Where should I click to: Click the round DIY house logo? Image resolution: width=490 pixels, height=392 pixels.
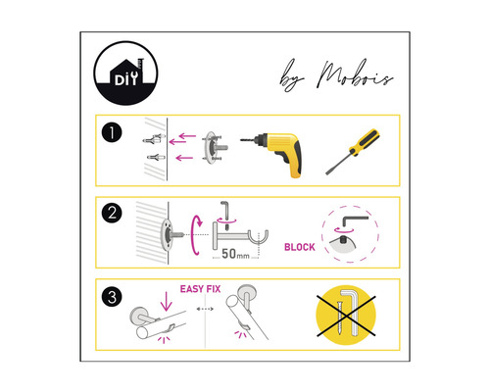(x=125, y=73)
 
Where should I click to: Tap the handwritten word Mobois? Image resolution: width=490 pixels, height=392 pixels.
(x=356, y=74)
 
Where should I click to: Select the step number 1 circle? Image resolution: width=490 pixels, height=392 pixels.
(x=112, y=132)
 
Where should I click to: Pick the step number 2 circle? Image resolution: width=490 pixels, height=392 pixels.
(x=112, y=213)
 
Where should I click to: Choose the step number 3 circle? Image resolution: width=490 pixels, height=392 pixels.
(x=112, y=297)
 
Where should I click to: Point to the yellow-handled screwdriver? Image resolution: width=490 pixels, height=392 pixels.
(x=353, y=152)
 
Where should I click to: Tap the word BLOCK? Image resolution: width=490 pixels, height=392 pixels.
(x=300, y=247)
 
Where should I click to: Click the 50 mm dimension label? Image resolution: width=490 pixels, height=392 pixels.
(x=235, y=254)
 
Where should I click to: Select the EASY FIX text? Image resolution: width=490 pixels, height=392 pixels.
(x=200, y=289)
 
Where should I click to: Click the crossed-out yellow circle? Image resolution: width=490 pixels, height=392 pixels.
(x=346, y=316)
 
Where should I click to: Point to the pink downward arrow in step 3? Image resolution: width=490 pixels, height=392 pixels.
(x=167, y=301)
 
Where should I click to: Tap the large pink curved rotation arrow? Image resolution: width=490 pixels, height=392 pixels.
(x=195, y=235)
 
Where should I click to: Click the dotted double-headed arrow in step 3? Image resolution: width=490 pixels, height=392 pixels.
(x=205, y=309)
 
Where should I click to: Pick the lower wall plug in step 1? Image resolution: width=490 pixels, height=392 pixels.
(x=156, y=157)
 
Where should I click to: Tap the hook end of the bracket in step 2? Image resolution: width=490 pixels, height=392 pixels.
(x=260, y=237)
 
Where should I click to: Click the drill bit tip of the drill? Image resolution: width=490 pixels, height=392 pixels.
(x=241, y=140)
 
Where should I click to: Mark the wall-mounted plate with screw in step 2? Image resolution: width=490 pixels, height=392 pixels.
(x=171, y=234)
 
